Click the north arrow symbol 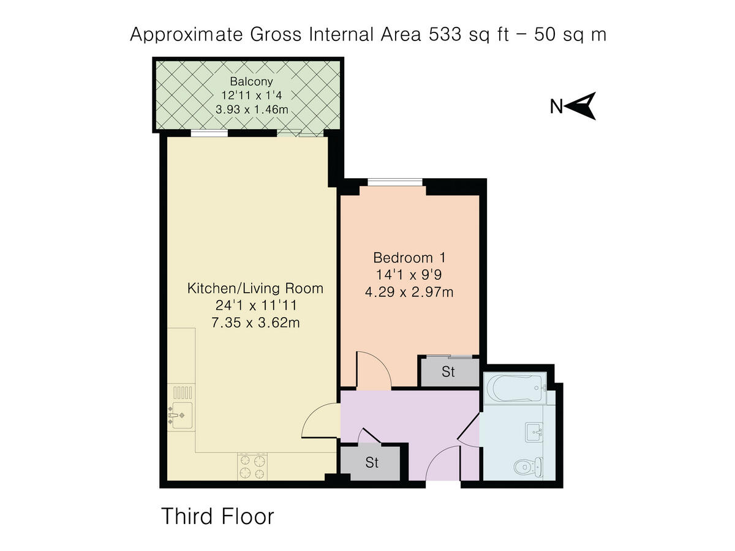581,106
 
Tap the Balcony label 251,81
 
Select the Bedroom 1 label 409,258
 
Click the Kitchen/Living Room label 255,288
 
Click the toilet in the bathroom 528,467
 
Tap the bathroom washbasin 533,432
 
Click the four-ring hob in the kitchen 252,467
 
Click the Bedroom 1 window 395,182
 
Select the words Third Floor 217,516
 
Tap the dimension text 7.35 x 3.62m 255,323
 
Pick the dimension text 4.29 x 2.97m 409,292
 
